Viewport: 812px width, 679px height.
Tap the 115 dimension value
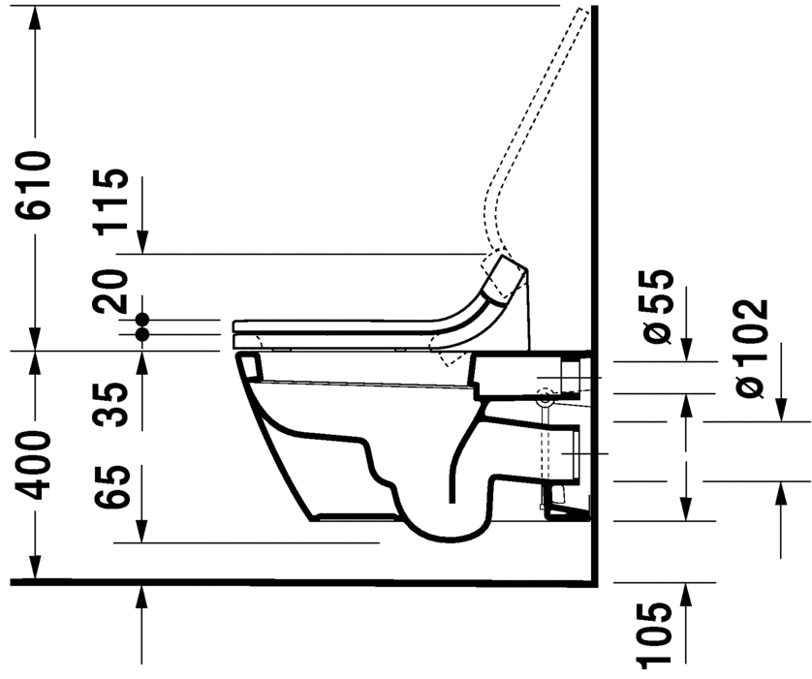112,201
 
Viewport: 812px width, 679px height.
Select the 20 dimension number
112,290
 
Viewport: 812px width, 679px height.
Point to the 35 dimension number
112,405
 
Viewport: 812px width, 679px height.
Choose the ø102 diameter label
752,347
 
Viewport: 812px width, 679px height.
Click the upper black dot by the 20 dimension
142,319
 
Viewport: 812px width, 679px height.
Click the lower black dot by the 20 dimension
142,334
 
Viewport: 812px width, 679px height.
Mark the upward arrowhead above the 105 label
686,593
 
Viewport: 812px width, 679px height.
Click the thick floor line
291,583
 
